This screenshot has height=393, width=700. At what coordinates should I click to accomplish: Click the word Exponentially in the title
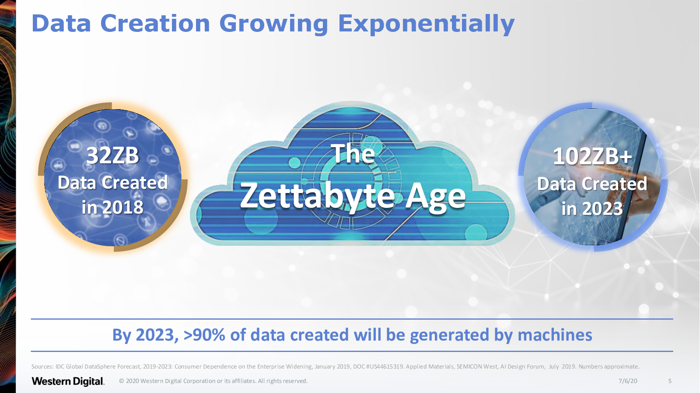click(426, 24)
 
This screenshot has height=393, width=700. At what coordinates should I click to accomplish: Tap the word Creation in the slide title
click(155, 24)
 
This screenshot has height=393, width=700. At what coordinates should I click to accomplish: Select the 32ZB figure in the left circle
click(112, 155)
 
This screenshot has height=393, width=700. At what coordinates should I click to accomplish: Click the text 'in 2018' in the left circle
click(112, 207)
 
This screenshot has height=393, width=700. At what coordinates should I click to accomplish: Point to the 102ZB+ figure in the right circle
click(592, 156)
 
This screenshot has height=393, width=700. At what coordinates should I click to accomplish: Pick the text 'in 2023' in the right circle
click(592, 208)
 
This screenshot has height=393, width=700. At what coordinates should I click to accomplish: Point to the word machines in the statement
click(555, 334)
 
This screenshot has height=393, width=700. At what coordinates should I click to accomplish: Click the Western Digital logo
click(68, 381)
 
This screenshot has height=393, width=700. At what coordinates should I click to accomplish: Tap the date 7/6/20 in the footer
click(628, 381)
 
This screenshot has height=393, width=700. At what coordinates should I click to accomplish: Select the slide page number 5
click(670, 381)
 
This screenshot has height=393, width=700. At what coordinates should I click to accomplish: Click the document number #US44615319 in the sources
click(385, 366)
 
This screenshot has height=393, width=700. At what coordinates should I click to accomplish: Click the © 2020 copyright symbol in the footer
click(122, 381)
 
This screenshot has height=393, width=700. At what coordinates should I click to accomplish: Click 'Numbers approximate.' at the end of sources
click(609, 366)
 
